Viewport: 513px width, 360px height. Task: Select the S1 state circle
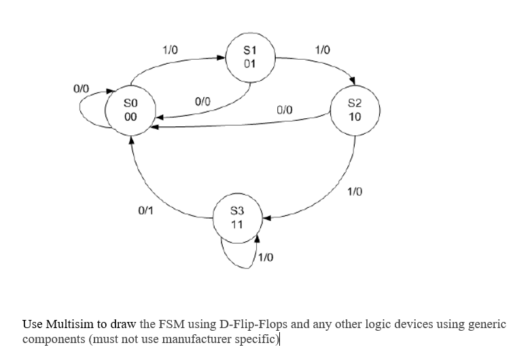[x=249, y=58]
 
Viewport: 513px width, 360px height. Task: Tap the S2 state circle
[x=355, y=111]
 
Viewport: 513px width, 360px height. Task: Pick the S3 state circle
[x=236, y=219]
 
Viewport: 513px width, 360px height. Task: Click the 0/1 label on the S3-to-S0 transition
[x=145, y=211]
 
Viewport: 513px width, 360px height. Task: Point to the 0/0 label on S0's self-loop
[x=81, y=89]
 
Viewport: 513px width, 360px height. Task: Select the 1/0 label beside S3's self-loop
[x=266, y=258]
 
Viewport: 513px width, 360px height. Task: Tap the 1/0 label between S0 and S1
[x=169, y=50]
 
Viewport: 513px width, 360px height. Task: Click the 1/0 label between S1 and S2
[x=322, y=50]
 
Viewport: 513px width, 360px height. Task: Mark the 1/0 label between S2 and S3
[x=355, y=192]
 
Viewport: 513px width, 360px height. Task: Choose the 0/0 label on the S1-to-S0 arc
[x=202, y=101]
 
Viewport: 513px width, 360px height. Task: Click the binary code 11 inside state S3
[x=236, y=226]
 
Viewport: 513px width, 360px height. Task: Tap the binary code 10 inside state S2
[x=355, y=117]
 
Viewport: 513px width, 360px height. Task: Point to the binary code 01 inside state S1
[x=249, y=64]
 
